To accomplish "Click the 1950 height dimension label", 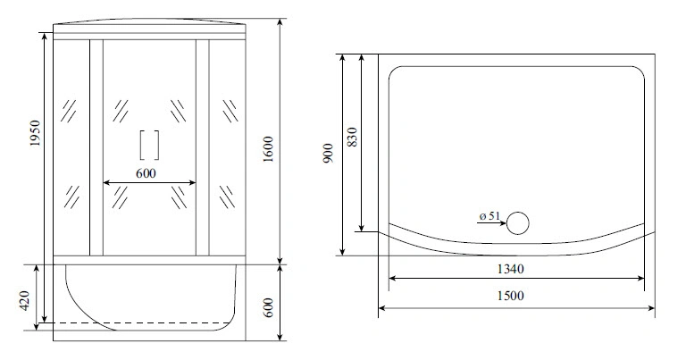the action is (x=35, y=133).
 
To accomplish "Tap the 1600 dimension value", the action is (x=268, y=149).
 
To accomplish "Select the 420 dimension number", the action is (x=24, y=301).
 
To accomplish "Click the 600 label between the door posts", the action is (x=146, y=173).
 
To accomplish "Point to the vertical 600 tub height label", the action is (x=268, y=307).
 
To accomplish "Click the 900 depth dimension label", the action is (x=328, y=153).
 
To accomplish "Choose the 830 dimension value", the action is (x=352, y=137).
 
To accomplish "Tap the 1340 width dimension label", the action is (x=511, y=269).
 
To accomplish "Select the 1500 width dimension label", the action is (x=511, y=297).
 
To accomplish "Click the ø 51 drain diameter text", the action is (x=489, y=215).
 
